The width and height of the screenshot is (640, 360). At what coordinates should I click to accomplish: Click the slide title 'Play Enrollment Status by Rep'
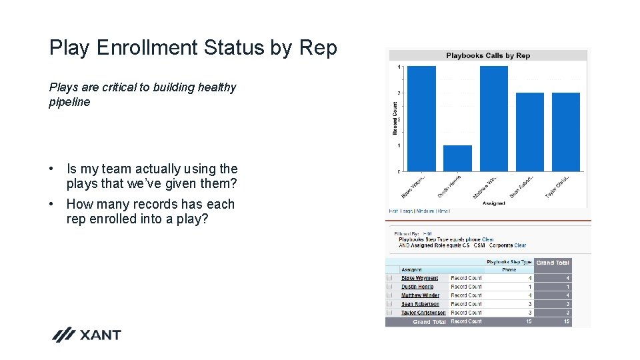click(193, 48)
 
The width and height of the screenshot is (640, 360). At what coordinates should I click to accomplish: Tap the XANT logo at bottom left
click(87, 335)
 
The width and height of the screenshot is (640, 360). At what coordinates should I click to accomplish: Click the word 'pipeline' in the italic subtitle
click(69, 102)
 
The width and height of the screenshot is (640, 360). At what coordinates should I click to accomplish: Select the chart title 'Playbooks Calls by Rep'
click(488, 55)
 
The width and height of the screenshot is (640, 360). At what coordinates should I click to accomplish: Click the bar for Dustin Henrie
click(457, 158)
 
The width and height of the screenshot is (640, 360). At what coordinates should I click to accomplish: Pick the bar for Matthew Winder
click(493, 118)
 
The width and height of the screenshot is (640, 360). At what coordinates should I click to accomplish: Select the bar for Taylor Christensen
click(566, 131)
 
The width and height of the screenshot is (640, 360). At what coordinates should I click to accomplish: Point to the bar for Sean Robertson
click(530, 131)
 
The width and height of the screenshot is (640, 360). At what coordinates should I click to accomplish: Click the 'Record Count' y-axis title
click(395, 118)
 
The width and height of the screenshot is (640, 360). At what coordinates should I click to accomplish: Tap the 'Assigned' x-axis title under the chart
click(493, 203)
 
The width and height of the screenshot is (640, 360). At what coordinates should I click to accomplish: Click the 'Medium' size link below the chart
click(425, 211)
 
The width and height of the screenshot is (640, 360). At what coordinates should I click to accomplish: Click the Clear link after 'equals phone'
click(488, 239)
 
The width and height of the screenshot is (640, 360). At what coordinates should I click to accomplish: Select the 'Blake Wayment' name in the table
click(419, 278)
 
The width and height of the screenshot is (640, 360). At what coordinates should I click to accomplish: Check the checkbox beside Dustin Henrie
click(389, 287)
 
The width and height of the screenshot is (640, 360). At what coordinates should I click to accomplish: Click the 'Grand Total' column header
click(553, 263)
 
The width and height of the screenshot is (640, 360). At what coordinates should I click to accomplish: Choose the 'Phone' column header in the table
click(509, 270)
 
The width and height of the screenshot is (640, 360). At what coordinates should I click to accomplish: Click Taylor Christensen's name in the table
click(423, 313)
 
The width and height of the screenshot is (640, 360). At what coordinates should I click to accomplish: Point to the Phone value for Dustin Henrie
click(530, 287)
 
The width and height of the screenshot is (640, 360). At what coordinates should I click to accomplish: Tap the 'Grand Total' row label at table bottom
click(429, 322)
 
